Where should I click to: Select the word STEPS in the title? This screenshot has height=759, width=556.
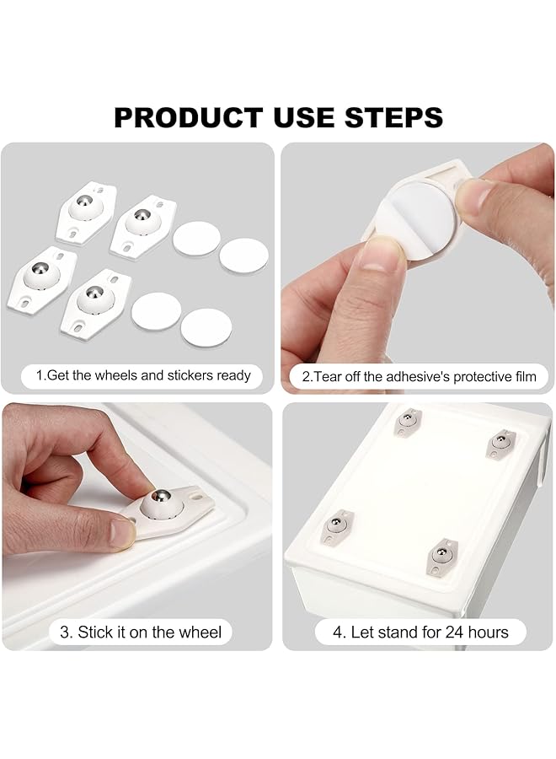pos(395,117)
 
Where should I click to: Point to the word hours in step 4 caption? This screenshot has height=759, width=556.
pos(486,632)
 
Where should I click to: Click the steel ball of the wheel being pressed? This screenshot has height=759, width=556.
pos(159,503)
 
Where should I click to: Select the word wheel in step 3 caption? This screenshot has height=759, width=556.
pos(202,632)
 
